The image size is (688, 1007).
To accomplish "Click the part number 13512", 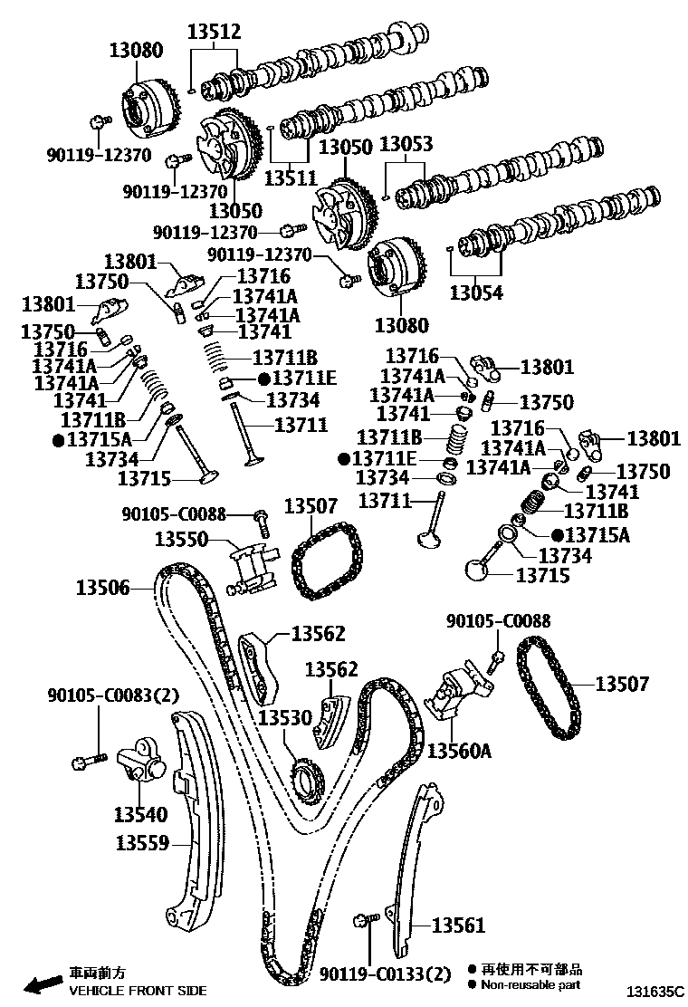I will click(x=215, y=33).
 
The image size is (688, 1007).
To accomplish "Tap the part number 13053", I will click(x=406, y=145).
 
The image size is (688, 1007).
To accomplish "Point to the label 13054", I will click(x=476, y=293).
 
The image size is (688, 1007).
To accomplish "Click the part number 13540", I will click(x=140, y=814).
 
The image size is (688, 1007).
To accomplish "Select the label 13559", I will click(x=142, y=844).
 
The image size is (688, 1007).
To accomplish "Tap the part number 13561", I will click(x=458, y=925).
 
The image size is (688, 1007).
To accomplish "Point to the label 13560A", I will click(x=459, y=751).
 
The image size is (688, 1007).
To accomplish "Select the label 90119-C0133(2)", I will click(x=385, y=974).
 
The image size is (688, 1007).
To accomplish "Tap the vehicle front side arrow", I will click(x=41, y=983).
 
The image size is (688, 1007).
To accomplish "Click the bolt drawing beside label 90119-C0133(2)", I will click(x=366, y=922).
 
